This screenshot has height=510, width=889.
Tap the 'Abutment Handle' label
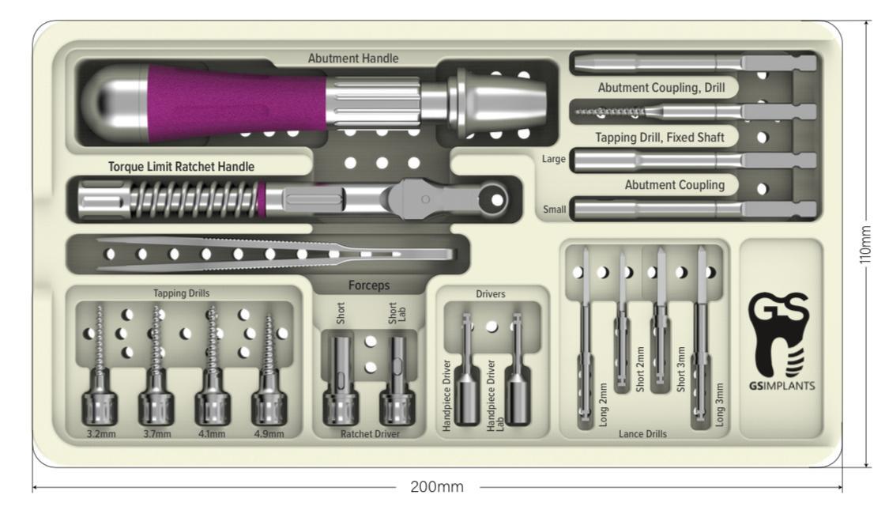coord(353,58)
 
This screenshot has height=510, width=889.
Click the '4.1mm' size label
coord(212,434)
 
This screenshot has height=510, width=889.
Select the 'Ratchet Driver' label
coord(369,434)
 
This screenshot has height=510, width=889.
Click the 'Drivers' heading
coord(492,294)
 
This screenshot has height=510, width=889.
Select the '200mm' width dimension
coord(437,486)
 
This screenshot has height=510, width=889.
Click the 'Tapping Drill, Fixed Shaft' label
coord(661,137)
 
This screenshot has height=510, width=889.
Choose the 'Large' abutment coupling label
coord(554,160)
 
